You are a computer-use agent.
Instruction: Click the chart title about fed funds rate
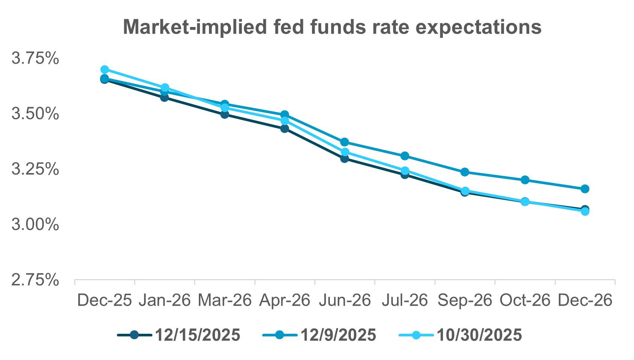coord(332,27)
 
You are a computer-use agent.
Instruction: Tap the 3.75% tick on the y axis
coord(35,58)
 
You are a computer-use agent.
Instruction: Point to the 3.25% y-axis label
coord(35,169)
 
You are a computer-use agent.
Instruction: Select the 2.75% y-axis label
coord(35,280)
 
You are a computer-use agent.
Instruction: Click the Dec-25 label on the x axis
coord(104,300)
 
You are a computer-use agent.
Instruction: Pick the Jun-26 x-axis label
coord(345,300)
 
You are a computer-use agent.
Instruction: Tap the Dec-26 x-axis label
coord(585,300)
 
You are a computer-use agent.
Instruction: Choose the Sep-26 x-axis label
coord(465,300)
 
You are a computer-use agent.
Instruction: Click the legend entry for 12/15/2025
coord(179,335)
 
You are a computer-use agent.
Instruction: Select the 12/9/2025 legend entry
coord(319,335)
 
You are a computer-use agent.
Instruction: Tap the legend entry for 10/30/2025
coord(460,335)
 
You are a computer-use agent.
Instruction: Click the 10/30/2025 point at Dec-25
coord(104,70)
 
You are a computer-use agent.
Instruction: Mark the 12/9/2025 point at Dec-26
coord(585,189)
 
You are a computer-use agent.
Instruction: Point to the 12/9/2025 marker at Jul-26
coord(405,156)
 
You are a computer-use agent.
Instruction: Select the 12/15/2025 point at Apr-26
coord(285,129)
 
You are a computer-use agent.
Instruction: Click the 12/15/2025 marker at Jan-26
coord(164,97)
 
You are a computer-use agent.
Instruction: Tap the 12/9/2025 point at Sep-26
coord(465,172)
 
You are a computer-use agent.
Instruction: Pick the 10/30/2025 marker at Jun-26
coord(345,152)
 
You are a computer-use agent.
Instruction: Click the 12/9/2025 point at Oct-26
coord(525,180)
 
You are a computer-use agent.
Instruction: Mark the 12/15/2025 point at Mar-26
coord(225,114)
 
